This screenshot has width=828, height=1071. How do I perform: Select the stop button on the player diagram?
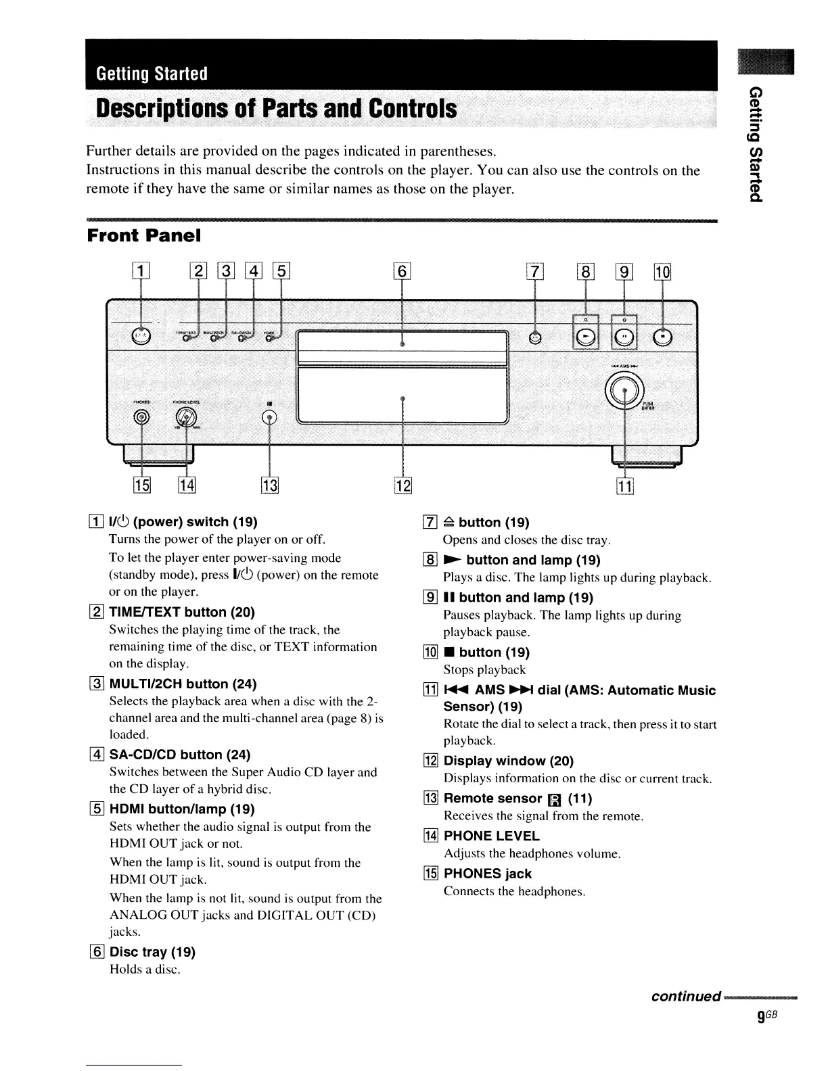click(663, 337)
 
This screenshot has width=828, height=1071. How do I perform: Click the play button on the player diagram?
click(586, 337)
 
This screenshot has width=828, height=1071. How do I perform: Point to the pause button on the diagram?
click(624, 337)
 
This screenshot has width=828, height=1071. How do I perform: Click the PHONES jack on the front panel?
click(141, 417)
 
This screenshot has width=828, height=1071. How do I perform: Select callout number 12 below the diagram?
click(402, 485)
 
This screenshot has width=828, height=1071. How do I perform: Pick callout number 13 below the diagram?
click(269, 485)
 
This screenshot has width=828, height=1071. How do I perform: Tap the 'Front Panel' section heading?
click(144, 236)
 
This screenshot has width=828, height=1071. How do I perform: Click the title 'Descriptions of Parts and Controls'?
click(276, 110)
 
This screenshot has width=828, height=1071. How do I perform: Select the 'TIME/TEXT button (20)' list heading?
click(182, 612)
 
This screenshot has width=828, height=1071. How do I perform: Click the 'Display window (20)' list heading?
click(508, 761)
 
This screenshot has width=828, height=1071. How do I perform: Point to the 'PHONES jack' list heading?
click(487, 874)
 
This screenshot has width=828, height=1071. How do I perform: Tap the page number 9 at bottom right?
click(762, 1016)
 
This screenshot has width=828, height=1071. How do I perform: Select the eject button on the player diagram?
click(535, 337)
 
